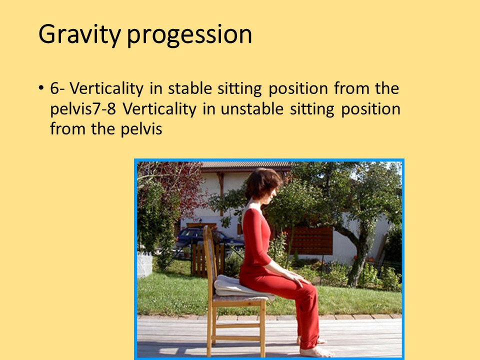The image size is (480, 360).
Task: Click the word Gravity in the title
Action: tap(79, 34)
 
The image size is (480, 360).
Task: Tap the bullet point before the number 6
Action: tap(41, 88)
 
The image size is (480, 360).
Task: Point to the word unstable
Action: tap(252, 108)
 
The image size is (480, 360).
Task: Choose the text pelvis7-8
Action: tap(83, 109)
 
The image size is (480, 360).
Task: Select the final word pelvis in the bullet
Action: tap(141, 129)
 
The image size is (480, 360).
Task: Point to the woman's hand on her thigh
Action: tap(295, 278)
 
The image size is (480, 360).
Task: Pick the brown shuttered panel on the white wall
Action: tap(309, 241)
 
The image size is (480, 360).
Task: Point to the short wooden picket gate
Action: tap(207, 260)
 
